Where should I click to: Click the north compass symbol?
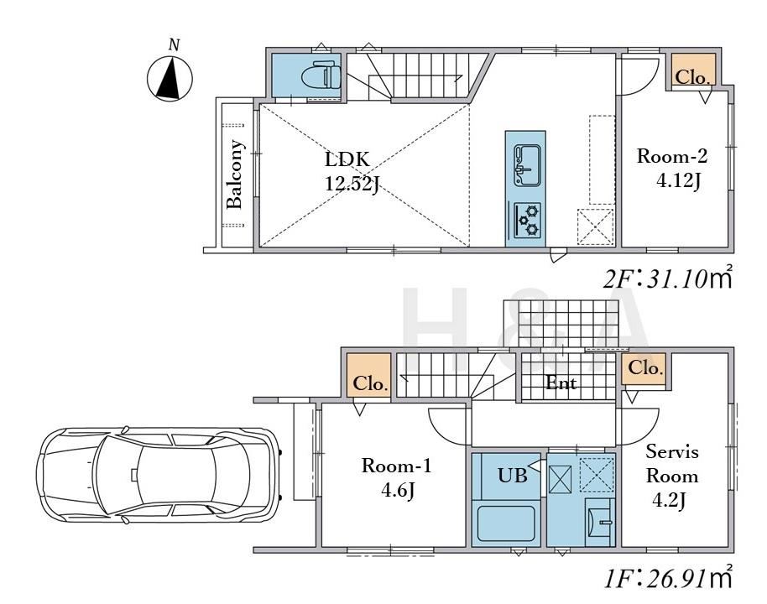coord(170,78)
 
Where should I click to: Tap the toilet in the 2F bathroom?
coord(321,75)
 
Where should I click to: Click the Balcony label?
coord(235,174)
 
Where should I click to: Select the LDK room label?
coord(347,159)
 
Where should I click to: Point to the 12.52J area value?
coord(352,184)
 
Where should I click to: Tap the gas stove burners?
coord(527,220)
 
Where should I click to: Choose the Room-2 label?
coord(671,157)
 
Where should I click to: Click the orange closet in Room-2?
coord(693,69)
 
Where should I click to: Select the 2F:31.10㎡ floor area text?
coord(668,279)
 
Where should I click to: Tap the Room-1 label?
coord(396,466)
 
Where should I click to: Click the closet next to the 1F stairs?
coord(369,375)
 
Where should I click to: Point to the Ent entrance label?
coord(561,383)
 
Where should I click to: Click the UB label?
coord(512,475)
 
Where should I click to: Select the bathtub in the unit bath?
coord(506,523)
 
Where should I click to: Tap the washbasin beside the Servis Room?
coord(600,522)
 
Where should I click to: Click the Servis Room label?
coord(672,464)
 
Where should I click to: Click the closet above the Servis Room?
coord(644,368)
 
